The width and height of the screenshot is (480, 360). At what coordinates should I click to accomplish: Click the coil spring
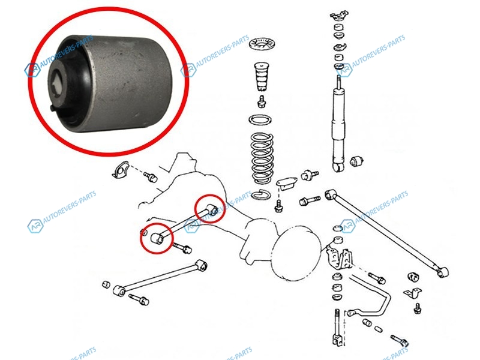(262, 158)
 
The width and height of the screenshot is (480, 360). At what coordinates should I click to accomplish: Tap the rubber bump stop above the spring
(261, 77)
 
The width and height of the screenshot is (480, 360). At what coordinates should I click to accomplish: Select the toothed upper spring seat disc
(263, 44)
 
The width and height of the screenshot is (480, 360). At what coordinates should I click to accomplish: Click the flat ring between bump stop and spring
(260, 119)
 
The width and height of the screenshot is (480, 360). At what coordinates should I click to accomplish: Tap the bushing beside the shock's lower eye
(356, 161)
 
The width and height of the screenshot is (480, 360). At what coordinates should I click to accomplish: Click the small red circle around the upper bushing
(211, 208)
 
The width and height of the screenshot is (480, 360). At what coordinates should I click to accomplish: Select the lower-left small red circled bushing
(157, 238)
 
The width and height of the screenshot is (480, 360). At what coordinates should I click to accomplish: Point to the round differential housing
(295, 253)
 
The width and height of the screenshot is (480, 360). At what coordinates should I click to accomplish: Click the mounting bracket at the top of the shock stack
(339, 15)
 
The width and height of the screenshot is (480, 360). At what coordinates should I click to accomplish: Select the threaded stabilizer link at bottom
(337, 328)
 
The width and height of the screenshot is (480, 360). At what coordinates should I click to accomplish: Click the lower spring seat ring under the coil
(261, 194)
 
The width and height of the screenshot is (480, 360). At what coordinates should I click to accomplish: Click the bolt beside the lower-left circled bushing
(182, 248)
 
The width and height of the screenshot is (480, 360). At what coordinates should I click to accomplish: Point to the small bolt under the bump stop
(262, 101)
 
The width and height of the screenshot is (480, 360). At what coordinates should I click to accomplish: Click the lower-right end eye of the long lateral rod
(442, 272)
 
